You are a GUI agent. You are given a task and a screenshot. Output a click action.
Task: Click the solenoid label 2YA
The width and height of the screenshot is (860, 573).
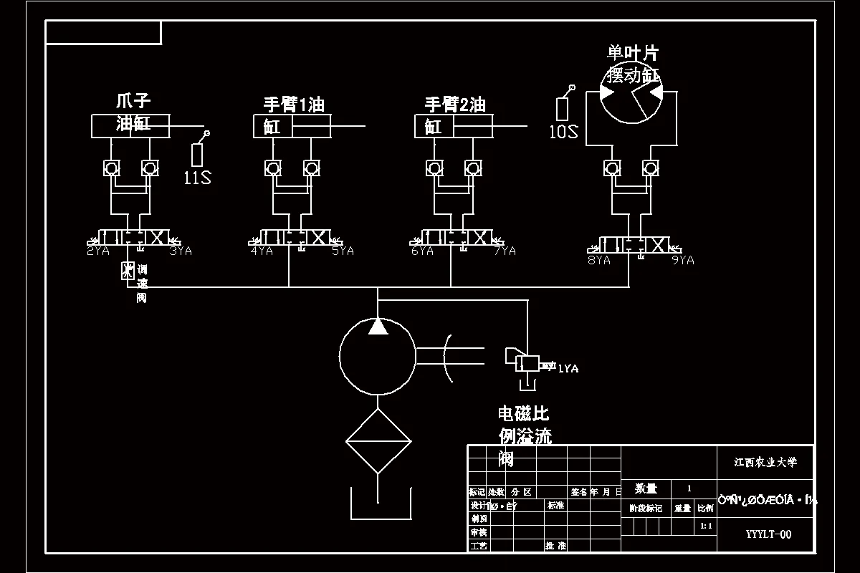click(98, 251)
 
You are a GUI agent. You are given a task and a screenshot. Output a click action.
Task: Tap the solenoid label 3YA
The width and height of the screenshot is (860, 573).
click(180, 251)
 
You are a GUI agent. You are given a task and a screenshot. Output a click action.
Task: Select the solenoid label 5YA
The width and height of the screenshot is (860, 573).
click(342, 251)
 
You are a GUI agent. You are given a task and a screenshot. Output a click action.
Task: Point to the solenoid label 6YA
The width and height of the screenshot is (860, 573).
click(422, 251)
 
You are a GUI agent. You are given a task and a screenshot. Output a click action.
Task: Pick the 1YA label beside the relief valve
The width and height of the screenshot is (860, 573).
click(568, 369)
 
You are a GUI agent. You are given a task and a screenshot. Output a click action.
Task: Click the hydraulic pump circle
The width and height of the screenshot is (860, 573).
click(377, 357)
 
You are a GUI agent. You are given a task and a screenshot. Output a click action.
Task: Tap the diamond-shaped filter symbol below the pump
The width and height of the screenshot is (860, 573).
click(378, 441)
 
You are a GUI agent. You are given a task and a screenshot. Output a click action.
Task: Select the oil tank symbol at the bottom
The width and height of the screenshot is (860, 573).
click(379, 505)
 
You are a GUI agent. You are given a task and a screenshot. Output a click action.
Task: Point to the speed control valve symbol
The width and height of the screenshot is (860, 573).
click(128, 271)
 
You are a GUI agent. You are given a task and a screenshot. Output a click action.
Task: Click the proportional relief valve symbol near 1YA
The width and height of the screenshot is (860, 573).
click(527, 363)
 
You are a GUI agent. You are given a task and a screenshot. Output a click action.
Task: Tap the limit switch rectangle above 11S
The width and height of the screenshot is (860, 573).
click(198, 155)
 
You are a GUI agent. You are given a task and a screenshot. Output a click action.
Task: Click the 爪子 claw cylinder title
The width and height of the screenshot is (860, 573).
click(133, 101)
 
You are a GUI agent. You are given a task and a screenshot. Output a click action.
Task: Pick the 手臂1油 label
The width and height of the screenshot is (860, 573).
click(294, 105)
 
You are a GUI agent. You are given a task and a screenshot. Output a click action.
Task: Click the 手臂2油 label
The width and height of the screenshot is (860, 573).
click(455, 105)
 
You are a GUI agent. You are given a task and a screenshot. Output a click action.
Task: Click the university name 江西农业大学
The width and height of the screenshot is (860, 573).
click(765, 463)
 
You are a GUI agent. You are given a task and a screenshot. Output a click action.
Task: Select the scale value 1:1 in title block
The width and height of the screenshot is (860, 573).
click(705, 526)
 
